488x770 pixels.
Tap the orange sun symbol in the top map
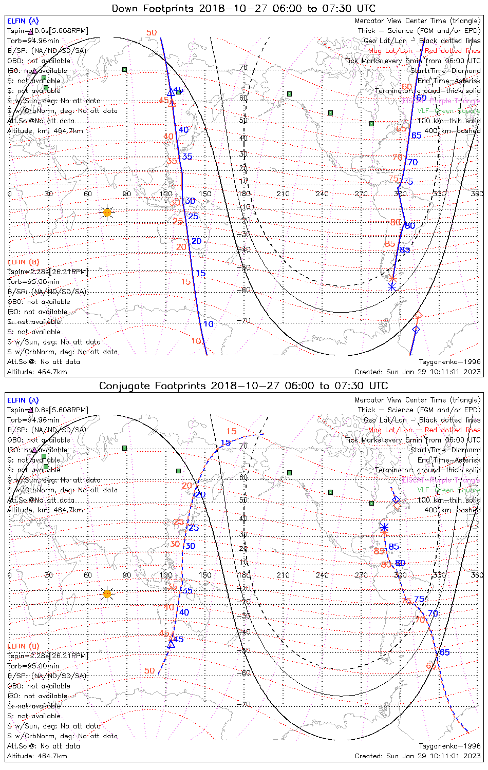click(x=107, y=212)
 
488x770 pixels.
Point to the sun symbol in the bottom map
click(x=107, y=594)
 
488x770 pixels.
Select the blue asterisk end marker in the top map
click(x=392, y=287)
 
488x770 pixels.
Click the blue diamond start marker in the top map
click(x=416, y=329)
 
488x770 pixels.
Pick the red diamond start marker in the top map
click(x=418, y=315)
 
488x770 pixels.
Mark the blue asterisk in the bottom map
click(x=384, y=527)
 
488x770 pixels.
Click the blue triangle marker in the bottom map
click(x=171, y=644)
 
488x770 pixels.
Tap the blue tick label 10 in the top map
click(x=208, y=324)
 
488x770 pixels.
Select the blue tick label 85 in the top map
click(x=405, y=250)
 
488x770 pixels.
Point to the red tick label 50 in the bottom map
click(x=149, y=670)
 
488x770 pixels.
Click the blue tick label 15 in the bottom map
click(x=226, y=442)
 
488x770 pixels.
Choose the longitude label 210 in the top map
click(x=283, y=194)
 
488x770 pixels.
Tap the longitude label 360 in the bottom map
click(x=477, y=575)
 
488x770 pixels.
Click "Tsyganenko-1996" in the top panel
click(x=449, y=362)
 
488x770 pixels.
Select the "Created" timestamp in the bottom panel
click(x=418, y=756)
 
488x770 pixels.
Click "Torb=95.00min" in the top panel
click(x=33, y=281)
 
